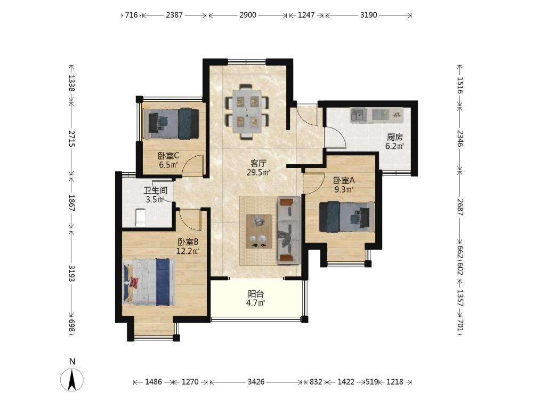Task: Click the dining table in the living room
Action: pyautogui.click(x=247, y=111)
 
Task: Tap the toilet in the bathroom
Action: pyautogui.click(x=140, y=218)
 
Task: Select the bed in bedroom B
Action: pyautogui.click(x=149, y=281)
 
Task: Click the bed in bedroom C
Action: pyautogui.click(x=171, y=124)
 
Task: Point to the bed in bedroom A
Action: pyautogui.click(x=347, y=217)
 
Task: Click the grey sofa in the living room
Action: pyautogui.click(x=289, y=230)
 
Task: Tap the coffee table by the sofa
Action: pyautogui.click(x=259, y=231)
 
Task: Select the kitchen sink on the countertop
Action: pyautogui.click(x=359, y=115)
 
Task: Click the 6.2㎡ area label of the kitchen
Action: pyautogui.click(x=394, y=147)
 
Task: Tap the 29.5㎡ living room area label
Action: pyautogui.click(x=259, y=172)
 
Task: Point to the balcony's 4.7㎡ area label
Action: pyautogui.click(x=256, y=303)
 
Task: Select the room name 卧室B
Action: pyautogui.click(x=188, y=242)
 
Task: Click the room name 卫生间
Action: pyautogui.click(x=155, y=190)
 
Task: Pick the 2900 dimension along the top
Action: pyautogui.click(x=248, y=15)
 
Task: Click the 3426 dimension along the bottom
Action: pyautogui.click(x=256, y=382)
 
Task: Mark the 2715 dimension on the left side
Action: pyautogui.click(x=71, y=138)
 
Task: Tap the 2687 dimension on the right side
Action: pyautogui.click(x=460, y=207)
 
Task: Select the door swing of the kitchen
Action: pyautogui.click(x=335, y=138)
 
